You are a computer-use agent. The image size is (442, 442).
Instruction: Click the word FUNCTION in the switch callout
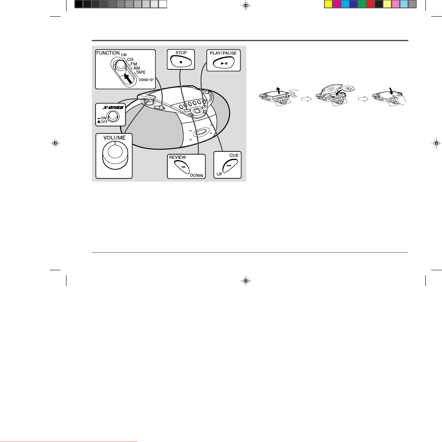108,53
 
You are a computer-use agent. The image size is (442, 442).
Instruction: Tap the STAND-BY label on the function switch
146,80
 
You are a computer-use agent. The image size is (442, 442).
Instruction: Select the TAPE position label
141,72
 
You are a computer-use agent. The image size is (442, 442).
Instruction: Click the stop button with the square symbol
181,62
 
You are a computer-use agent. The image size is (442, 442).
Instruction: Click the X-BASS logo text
113,107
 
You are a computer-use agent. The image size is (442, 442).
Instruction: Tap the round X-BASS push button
113,116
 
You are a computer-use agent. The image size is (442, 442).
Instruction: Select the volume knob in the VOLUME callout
115,155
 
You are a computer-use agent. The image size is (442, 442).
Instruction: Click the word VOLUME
115,138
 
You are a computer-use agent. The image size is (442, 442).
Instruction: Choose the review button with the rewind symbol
182,167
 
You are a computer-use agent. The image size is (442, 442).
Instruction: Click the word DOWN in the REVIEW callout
196,175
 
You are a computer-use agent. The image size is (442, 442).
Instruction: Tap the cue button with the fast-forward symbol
230,165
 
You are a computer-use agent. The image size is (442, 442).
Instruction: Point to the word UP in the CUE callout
219,174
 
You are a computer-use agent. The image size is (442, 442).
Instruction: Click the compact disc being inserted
348,89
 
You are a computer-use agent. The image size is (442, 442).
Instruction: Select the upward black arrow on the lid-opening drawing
278,90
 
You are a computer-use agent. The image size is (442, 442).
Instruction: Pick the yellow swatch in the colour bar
329,4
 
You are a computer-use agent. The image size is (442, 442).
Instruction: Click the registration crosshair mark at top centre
246,5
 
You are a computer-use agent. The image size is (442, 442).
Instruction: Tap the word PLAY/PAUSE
223,53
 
